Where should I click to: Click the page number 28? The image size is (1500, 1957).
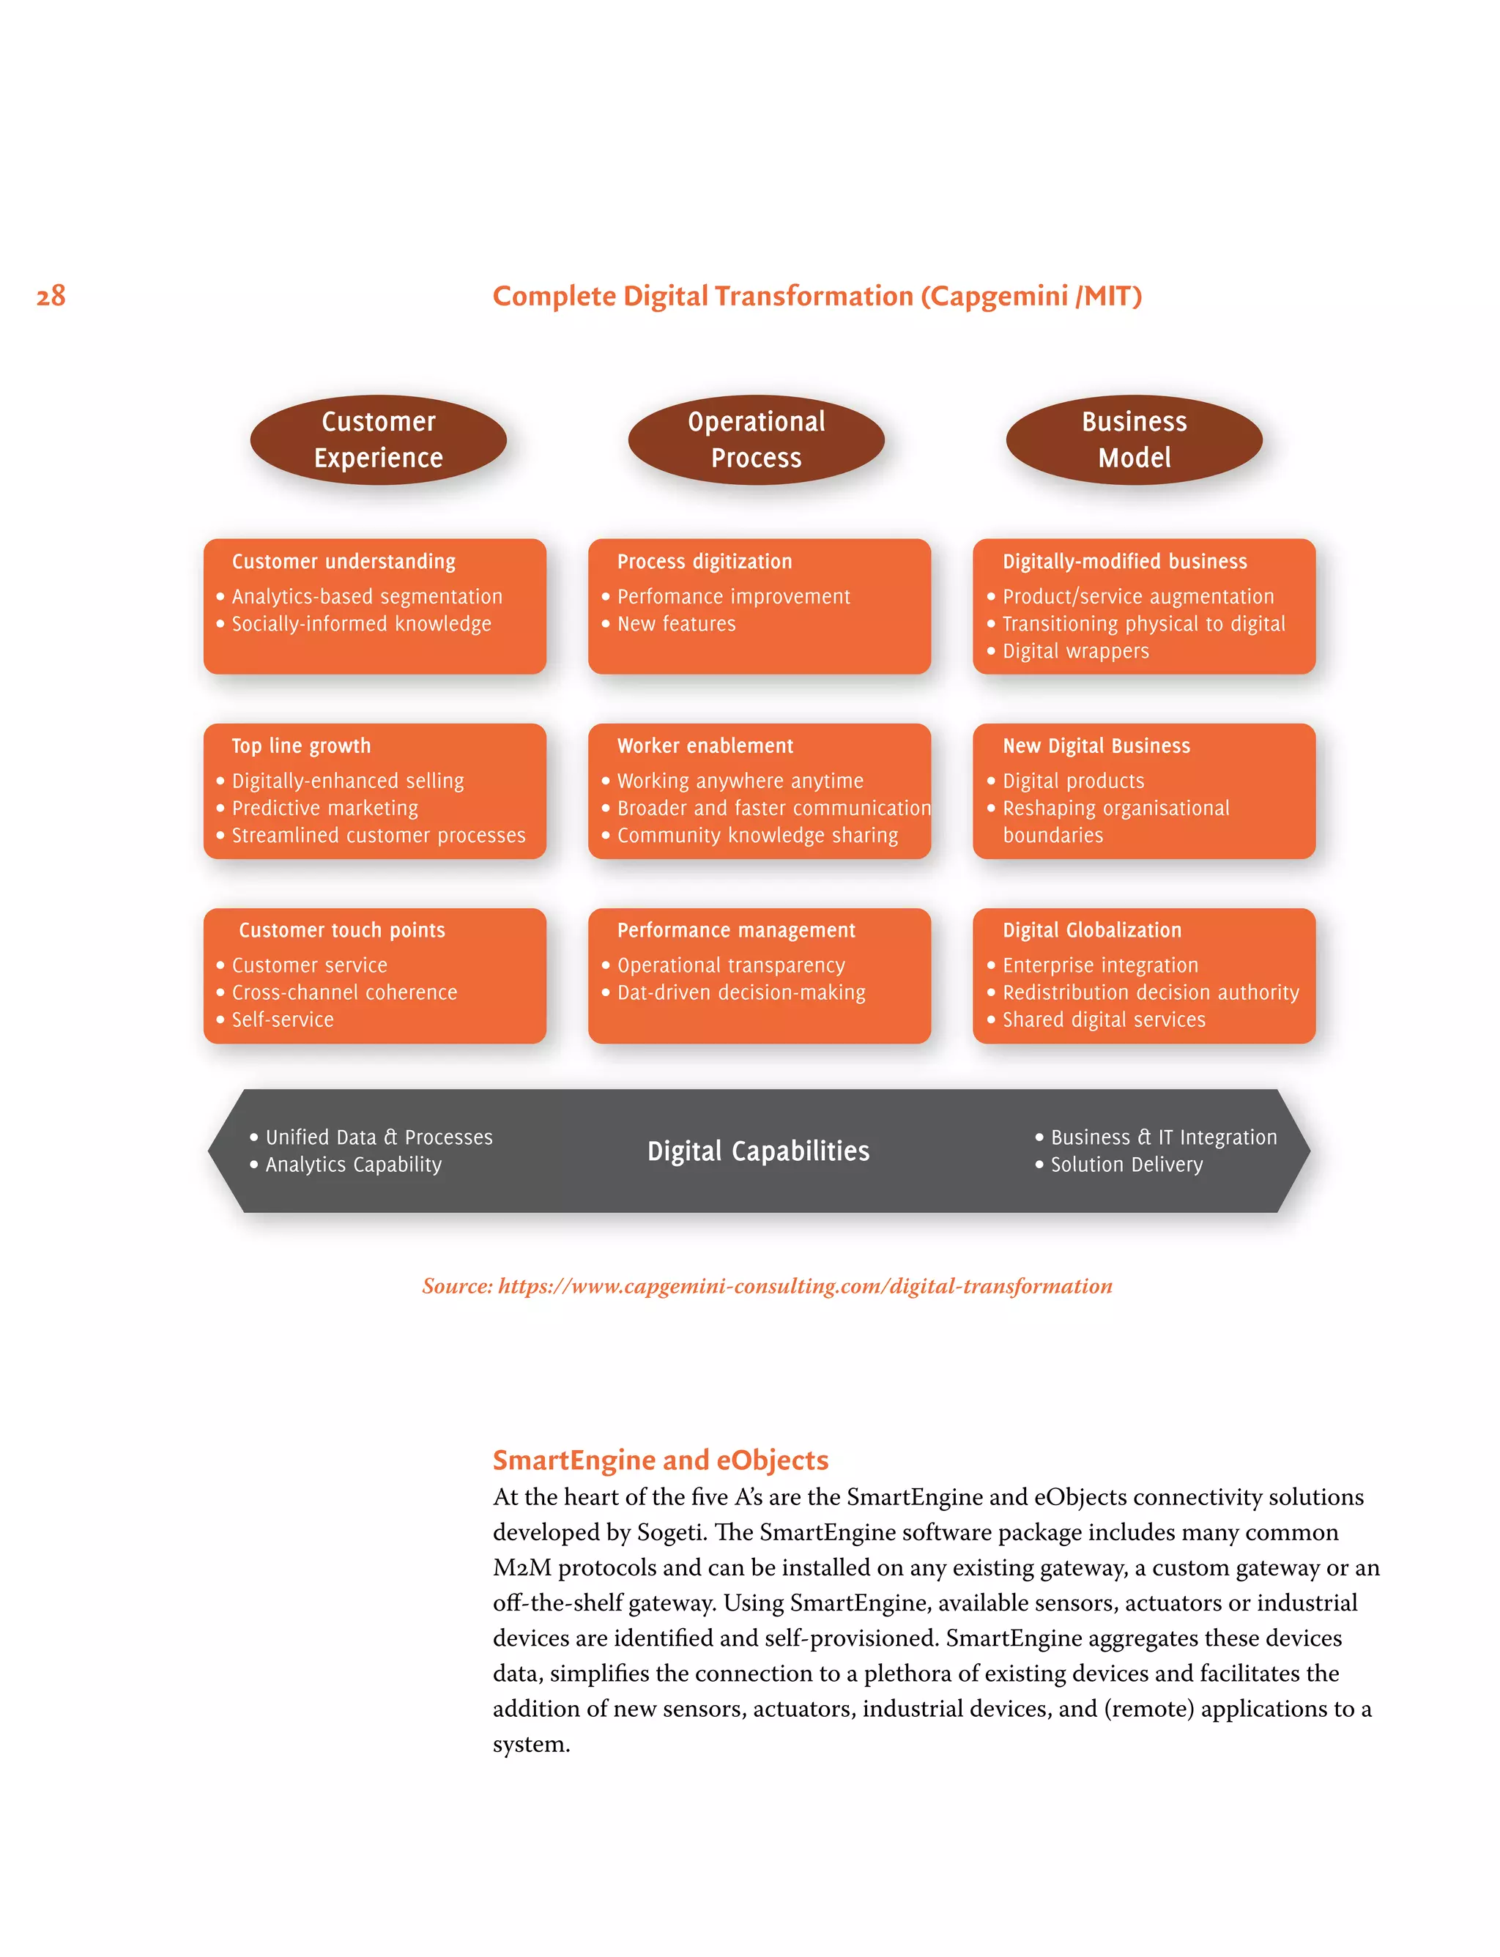click(x=51, y=295)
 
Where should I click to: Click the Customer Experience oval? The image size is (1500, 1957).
click(x=379, y=440)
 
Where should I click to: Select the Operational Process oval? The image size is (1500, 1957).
click(x=757, y=440)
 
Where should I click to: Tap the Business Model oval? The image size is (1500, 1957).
click(x=1134, y=440)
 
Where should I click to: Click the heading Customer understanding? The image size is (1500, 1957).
click(x=344, y=562)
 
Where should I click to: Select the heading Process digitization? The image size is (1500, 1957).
click(x=705, y=562)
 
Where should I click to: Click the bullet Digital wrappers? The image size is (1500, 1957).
click(x=1075, y=652)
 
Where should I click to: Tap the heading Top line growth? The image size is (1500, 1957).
click(x=301, y=746)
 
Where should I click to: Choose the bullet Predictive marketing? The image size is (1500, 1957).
click(x=325, y=809)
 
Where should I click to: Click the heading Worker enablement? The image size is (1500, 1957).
click(x=705, y=746)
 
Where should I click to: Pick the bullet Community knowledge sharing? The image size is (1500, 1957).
click(x=757, y=836)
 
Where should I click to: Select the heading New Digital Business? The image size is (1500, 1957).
click(x=1096, y=746)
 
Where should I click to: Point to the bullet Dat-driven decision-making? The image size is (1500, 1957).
click(x=741, y=993)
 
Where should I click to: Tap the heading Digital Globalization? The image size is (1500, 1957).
click(x=1091, y=930)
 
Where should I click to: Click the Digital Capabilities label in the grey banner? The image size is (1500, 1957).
click(x=758, y=1151)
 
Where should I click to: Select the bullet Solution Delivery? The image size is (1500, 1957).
click(x=1126, y=1165)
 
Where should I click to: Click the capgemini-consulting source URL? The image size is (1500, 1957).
click(x=804, y=1287)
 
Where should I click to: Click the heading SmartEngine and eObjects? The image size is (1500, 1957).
click(x=661, y=1460)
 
